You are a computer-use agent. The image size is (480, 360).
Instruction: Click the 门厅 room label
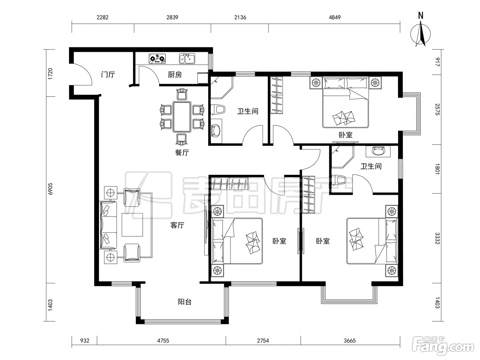pyautogui.click(x=108, y=74)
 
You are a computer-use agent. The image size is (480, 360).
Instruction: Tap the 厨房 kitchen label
pyautogui.click(x=175, y=75)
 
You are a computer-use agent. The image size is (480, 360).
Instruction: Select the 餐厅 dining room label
pyautogui.click(x=182, y=152)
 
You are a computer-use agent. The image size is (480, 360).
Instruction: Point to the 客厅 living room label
pyautogui.click(x=177, y=225)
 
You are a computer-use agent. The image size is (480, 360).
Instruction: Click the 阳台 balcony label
pyautogui.click(x=184, y=302)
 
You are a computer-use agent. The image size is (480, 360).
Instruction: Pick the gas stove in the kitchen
pyautogui.click(x=157, y=59)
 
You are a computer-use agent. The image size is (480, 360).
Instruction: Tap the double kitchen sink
pyautogui.click(x=187, y=59)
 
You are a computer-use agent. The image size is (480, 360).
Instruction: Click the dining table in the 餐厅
pyautogui.click(x=182, y=117)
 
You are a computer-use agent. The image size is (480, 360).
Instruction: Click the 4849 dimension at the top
pyautogui.click(x=335, y=17)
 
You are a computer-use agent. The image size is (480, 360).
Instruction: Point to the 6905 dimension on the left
pyautogui.click(x=50, y=189)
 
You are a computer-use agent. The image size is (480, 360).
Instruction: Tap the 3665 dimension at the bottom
pyautogui.click(x=350, y=340)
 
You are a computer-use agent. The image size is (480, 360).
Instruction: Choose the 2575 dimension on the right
pyautogui.click(x=437, y=109)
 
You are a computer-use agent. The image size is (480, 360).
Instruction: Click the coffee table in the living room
pyautogui.click(x=132, y=225)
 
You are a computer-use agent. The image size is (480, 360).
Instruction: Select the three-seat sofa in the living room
pyautogui.click(x=108, y=225)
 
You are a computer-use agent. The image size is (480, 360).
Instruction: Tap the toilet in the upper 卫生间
pyautogui.click(x=218, y=109)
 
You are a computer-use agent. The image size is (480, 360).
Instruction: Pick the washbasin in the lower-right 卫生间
pyautogui.click(x=378, y=151)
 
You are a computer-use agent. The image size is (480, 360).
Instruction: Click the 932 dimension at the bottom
pyautogui.click(x=85, y=340)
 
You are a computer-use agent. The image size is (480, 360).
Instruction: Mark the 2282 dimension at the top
pyautogui.click(x=103, y=17)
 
